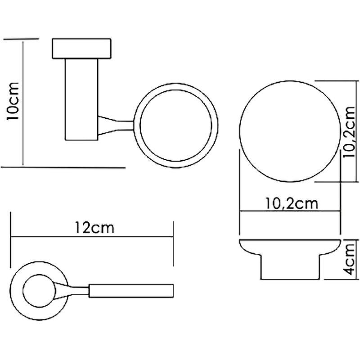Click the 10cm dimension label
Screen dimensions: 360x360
13,100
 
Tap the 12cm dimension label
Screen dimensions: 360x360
94,228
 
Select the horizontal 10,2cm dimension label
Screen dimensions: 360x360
292,203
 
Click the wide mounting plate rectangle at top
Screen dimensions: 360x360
82,49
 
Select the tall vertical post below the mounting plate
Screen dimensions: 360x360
81,99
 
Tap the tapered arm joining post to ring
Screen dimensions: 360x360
116,125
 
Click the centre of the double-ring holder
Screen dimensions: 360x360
176,126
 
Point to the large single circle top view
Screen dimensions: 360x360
290,131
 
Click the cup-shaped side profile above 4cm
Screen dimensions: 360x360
290,260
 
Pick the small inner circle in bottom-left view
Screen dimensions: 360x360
39,291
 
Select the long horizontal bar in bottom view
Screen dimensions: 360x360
131,291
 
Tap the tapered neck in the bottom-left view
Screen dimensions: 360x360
72,291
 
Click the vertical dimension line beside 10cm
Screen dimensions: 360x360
23,103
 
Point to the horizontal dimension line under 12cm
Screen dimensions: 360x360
92,237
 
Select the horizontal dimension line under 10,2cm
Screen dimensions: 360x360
290,211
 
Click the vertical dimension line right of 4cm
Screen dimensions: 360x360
358,260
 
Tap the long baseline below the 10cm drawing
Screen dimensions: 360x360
63,167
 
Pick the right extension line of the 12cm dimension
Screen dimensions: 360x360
173,244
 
